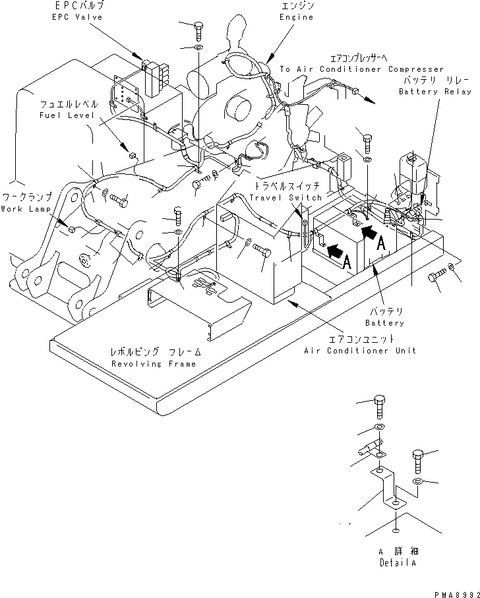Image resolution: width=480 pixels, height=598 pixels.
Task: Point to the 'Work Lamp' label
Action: click(21, 209)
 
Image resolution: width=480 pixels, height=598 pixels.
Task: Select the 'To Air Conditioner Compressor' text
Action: click(361, 69)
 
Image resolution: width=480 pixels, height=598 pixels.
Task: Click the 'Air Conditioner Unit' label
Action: click(359, 350)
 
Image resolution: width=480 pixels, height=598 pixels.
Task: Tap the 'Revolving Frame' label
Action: click(153, 363)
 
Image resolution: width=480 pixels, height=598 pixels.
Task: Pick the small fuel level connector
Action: click(131, 156)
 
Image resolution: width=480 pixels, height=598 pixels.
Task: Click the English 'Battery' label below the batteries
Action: click(386, 323)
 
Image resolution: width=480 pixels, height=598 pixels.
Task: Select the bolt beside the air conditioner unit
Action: click(262, 251)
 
